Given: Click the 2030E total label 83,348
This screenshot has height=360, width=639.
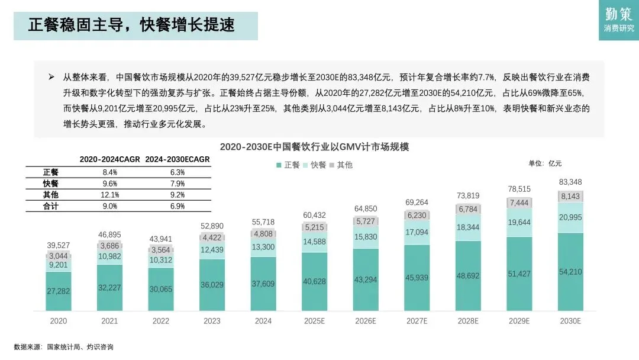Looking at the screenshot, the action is pyautogui.click(x=570, y=182).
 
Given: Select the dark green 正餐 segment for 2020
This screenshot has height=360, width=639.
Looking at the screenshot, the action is pyautogui.click(x=58, y=291).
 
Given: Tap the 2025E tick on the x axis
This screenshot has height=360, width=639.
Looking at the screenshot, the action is pyautogui.click(x=314, y=321).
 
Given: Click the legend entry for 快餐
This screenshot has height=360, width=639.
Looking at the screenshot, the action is pyautogui.click(x=315, y=165).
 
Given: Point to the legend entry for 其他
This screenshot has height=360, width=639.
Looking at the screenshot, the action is pyautogui.click(x=341, y=165).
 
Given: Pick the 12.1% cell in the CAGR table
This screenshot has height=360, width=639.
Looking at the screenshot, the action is pyautogui.click(x=110, y=195).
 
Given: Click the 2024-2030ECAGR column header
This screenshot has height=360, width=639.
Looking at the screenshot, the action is pyautogui.click(x=177, y=159).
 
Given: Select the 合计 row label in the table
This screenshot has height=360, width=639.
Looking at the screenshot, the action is pyautogui.click(x=50, y=206).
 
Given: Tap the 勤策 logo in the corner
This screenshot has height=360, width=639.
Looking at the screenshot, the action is pyautogui.click(x=619, y=20).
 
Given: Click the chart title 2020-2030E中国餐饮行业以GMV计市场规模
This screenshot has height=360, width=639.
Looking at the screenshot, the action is pyautogui.click(x=314, y=147).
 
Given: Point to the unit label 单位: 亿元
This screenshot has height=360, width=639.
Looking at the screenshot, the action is pyautogui.click(x=545, y=163).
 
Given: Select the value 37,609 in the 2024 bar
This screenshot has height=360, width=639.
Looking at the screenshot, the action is pyautogui.click(x=263, y=284).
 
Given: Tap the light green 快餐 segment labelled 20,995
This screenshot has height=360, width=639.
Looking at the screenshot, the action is pyautogui.click(x=570, y=217).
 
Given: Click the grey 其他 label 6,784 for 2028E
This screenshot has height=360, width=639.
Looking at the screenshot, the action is pyautogui.click(x=468, y=209).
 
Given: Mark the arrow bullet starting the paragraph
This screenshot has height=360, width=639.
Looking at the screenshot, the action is pyautogui.click(x=51, y=76).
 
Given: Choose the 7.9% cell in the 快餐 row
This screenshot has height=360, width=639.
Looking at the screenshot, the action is pyautogui.click(x=177, y=184).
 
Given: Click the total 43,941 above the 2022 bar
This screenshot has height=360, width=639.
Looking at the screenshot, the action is pyautogui.click(x=160, y=239).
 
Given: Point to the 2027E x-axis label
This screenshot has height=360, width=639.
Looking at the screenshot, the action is pyautogui.click(x=417, y=321).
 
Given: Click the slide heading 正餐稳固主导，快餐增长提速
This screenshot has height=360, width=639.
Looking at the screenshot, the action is pyautogui.click(x=131, y=25).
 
